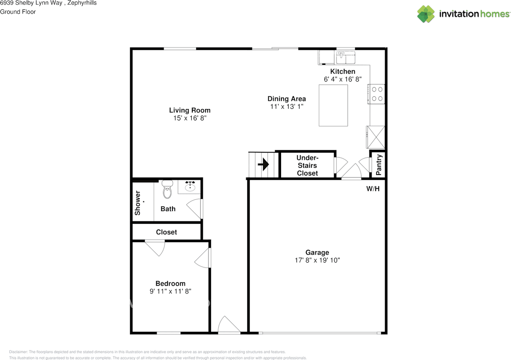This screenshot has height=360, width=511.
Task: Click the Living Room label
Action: pyautogui.click(x=190, y=110)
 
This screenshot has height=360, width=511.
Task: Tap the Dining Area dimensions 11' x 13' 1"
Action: pyautogui.click(x=287, y=107)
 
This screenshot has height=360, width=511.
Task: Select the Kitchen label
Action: pyautogui.click(x=343, y=72)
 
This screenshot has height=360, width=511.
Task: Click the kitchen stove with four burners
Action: pyautogui.click(x=376, y=94)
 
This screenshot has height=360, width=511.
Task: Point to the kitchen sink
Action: pyautogui.click(x=346, y=57)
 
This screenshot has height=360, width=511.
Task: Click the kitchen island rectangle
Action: pyautogui.click(x=333, y=105)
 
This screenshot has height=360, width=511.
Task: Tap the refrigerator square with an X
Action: pyautogui.click(x=376, y=137)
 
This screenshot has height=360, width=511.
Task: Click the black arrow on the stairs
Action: pyautogui.click(x=263, y=164)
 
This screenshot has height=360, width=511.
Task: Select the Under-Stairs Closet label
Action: pyautogui.click(x=307, y=165)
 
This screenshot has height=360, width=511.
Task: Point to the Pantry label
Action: pyautogui.click(x=379, y=165)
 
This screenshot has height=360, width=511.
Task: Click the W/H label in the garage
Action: pyautogui.click(x=373, y=189)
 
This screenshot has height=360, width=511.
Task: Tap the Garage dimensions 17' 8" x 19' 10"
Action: pyautogui.click(x=317, y=260)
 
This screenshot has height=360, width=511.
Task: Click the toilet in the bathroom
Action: pyautogui.click(x=167, y=189)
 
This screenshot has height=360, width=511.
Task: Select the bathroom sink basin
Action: pyautogui.click(x=190, y=187)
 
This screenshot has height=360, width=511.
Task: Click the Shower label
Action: pyautogui.click(x=138, y=203)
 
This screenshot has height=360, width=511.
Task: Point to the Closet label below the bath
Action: pyautogui.click(x=166, y=232)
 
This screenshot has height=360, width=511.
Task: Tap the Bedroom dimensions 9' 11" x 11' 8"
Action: pyautogui.click(x=170, y=291)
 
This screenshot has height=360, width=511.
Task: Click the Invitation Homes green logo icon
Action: pyautogui.click(x=426, y=14)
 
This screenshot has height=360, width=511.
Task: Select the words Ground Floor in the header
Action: pyautogui.click(x=18, y=12)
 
